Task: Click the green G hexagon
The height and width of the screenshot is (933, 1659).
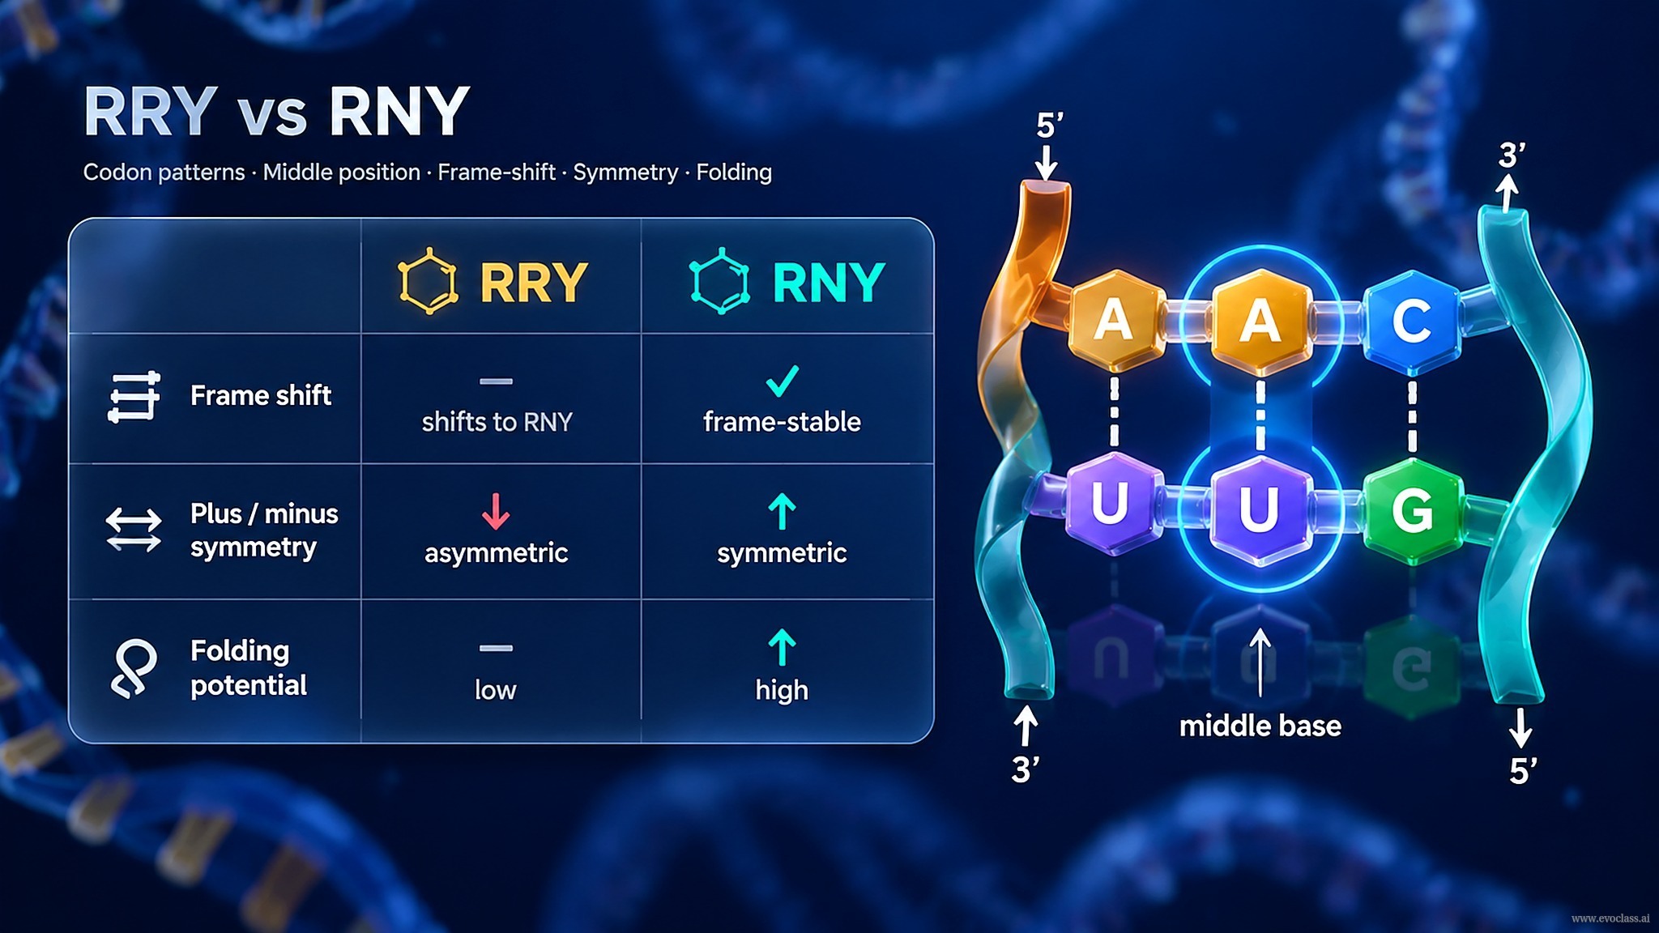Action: point(1413,510)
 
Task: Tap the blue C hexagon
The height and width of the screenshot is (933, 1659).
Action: point(1412,320)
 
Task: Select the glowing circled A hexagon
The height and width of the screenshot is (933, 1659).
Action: point(1260,321)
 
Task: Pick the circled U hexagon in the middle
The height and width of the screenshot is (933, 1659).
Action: point(1259,508)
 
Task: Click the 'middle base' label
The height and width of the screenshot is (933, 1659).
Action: point(1260,726)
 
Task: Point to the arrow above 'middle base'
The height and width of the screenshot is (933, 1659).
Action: point(1260,662)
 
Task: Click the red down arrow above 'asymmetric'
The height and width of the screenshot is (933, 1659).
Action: point(496,511)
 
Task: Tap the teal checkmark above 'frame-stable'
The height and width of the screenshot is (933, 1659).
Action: point(783,381)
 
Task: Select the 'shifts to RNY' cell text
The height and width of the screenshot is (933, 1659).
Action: point(497,422)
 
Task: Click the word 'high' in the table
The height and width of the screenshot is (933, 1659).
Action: point(782,690)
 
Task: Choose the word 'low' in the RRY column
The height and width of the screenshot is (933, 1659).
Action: point(495,690)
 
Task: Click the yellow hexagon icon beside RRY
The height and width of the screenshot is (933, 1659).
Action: point(429,281)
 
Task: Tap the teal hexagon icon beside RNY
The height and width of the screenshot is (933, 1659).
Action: point(719,281)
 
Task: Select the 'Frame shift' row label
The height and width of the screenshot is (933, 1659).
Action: point(261,395)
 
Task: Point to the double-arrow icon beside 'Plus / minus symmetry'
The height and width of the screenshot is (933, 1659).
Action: point(134,530)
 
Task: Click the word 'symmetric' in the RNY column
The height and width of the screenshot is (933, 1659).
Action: point(782,553)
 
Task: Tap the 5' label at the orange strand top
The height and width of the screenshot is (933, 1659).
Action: point(1050,126)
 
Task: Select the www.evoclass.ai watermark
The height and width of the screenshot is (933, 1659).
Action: point(1610,918)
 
